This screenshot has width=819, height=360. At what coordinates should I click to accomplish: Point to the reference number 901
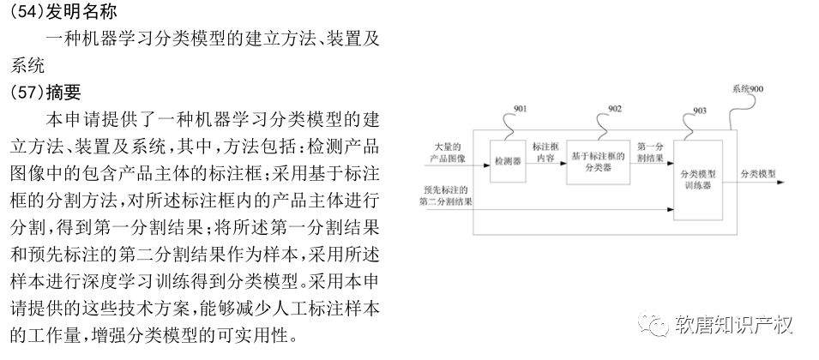[520, 110]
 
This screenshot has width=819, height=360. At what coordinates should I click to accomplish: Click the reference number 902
[615, 108]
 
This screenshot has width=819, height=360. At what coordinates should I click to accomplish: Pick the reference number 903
[699, 111]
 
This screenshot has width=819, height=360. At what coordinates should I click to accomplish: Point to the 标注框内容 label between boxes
[545, 153]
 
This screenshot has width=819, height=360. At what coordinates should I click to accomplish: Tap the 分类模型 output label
[758, 175]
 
